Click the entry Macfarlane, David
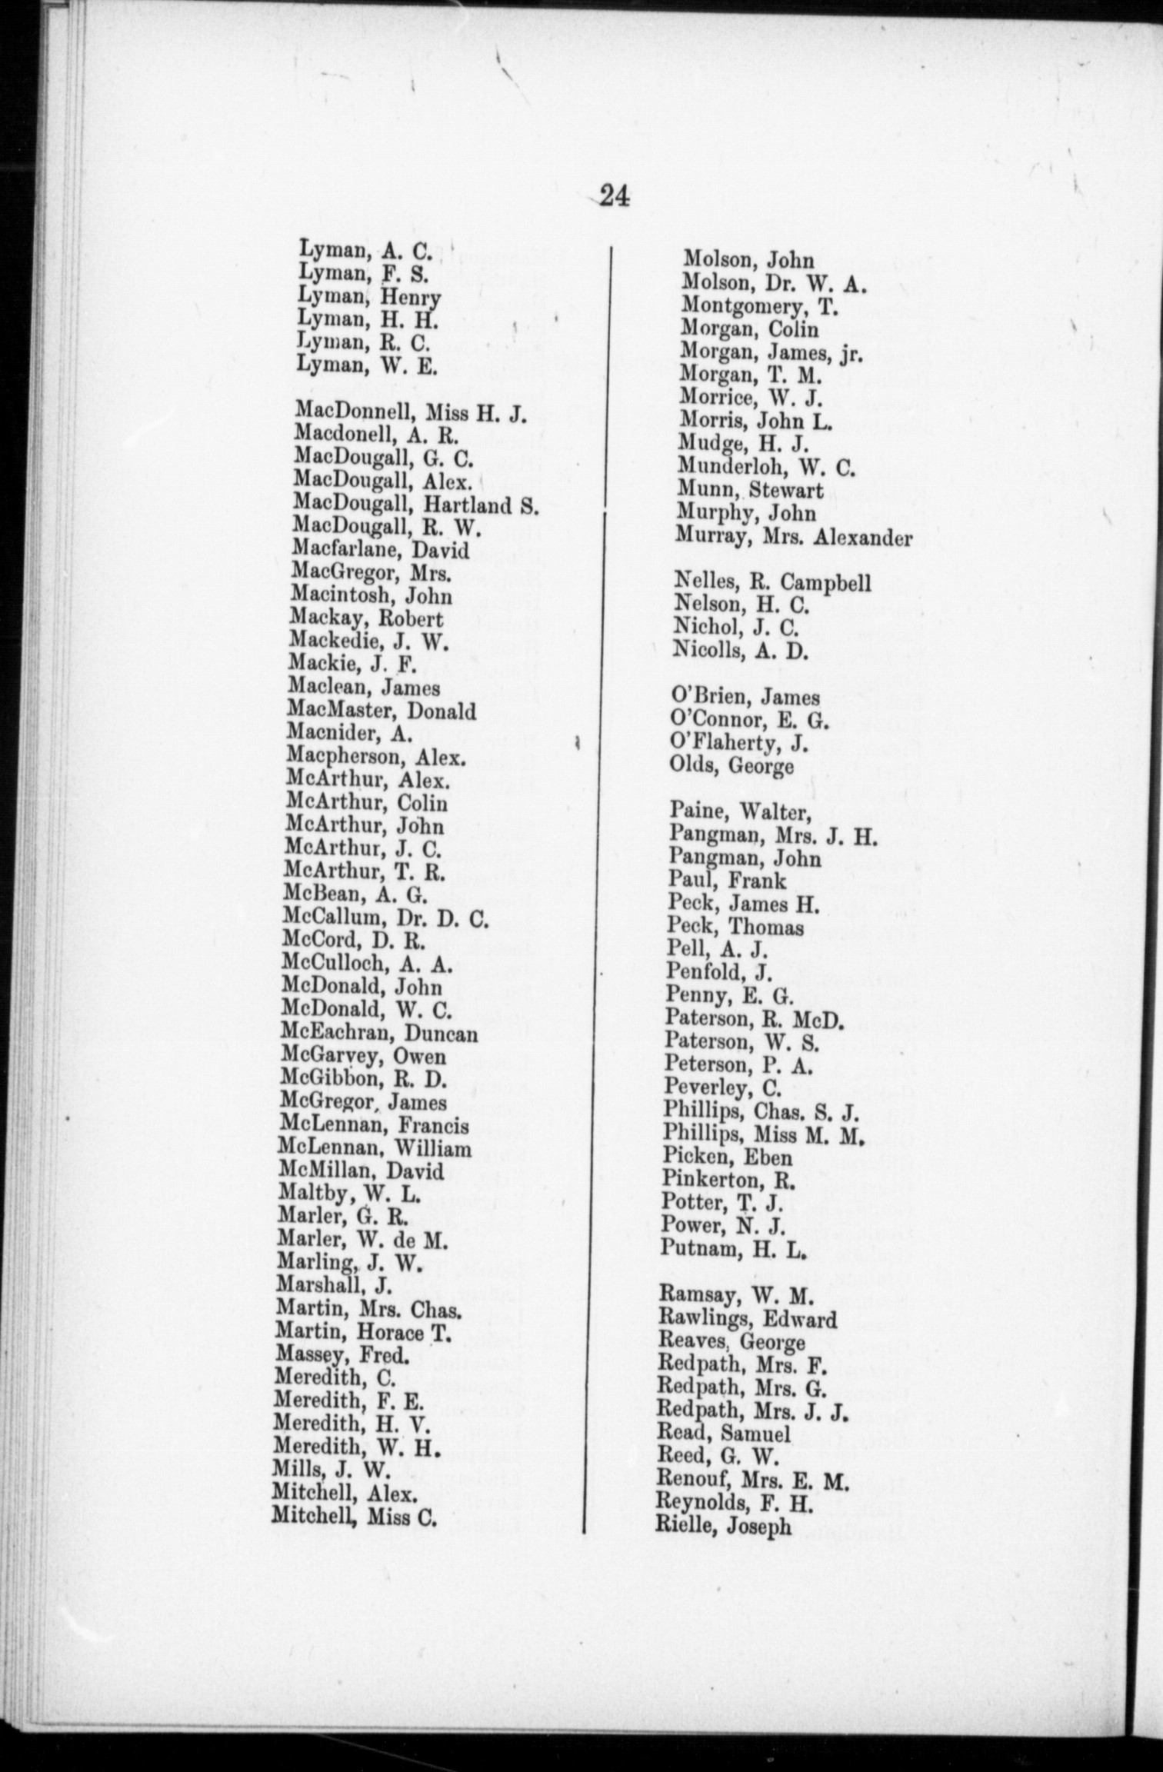pos(381,550)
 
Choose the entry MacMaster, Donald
pos(382,711)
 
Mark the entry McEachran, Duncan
pos(379,1033)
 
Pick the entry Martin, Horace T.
pos(363,1332)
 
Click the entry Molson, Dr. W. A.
pos(775,284)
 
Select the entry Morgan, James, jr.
pos(771,353)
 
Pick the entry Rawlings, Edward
pos(747,1319)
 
